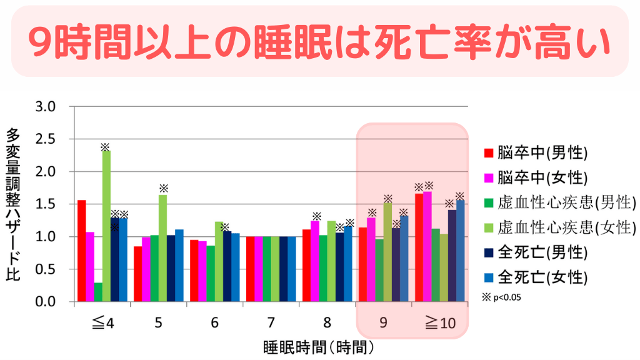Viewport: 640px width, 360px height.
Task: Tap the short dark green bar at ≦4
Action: [98, 292]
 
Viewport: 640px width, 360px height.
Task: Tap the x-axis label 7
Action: [271, 323]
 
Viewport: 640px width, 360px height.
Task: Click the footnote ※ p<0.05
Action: [502, 297]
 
